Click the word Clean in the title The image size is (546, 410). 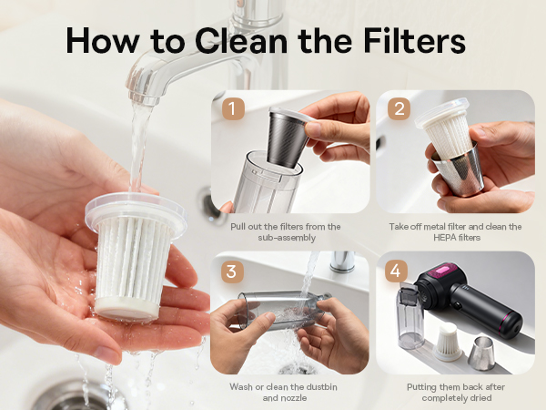click(x=240, y=41)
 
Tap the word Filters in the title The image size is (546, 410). click(x=414, y=40)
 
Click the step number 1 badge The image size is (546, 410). click(x=233, y=108)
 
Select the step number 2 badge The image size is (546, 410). click(x=399, y=108)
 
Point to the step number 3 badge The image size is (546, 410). click(x=232, y=271)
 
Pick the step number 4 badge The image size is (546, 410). click(x=396, y=271)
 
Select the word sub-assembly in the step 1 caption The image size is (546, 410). click(x=287, y=238)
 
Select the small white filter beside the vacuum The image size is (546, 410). click(x=448, y=342)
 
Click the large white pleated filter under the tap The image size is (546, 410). click(x=135, y=255)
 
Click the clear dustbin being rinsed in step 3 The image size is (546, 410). click(x=283, y=308)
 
